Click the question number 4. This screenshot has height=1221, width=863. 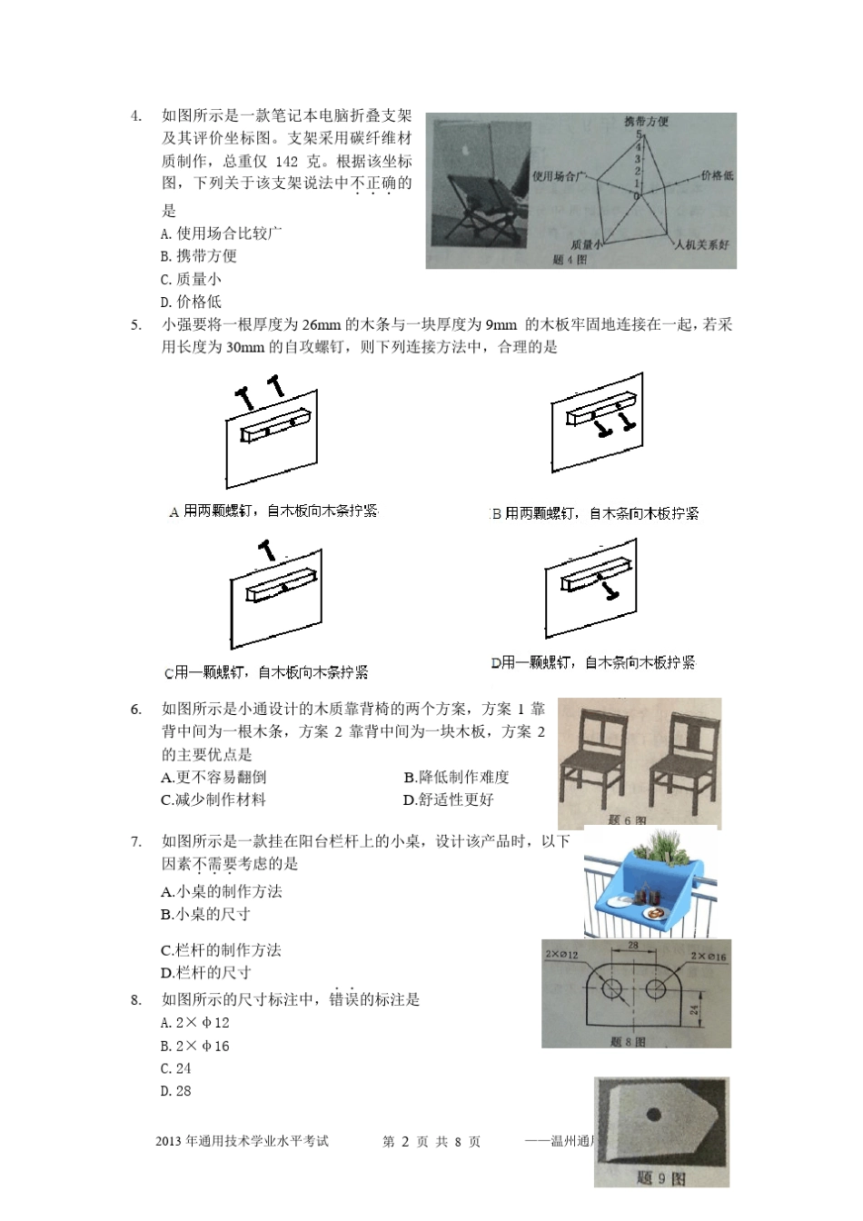click(136, 115)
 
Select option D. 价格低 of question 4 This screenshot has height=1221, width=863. click(191, 302)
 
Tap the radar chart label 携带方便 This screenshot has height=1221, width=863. click(646, 122)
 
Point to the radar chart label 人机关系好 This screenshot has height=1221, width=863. click(701, 245)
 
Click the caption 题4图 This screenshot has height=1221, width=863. click(570, 260)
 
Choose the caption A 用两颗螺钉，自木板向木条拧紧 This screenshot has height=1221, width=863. click(273, 511)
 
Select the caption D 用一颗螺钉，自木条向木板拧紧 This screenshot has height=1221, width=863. click(593, 663)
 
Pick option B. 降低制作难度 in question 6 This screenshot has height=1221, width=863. click(456, 777)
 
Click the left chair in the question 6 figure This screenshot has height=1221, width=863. click(596, 759)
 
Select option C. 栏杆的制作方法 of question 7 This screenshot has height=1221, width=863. click(221, 950)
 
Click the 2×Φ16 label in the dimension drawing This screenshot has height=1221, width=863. click(708, 957)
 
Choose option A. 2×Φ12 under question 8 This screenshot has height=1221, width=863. click(194, 1023)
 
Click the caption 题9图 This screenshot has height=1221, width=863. click(661, 1178)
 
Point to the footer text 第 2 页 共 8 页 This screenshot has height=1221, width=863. click(431, 1142)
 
